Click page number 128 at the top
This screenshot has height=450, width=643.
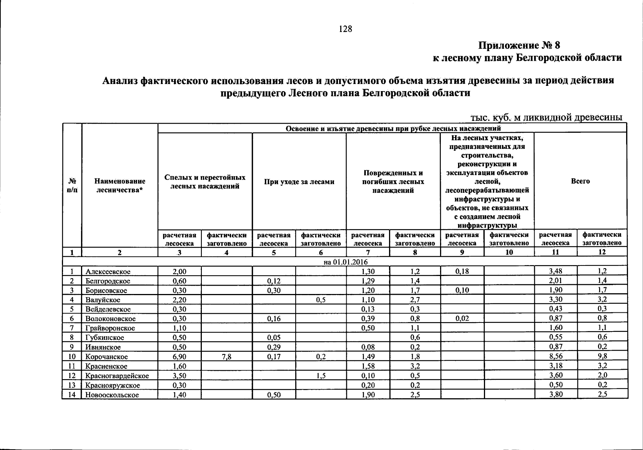point(345,29)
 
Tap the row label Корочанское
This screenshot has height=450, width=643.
point(107,357)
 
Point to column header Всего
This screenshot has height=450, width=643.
point(580,181)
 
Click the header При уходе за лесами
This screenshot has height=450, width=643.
point(299,182)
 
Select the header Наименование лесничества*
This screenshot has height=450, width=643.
point(120,185)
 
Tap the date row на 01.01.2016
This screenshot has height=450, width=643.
point(346,262)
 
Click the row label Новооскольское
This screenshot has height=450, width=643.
point(112,395)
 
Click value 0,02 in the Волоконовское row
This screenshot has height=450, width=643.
point(462,319)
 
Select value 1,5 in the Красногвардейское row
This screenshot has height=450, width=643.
point(320,376)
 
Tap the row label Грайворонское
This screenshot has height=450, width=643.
point(110,328)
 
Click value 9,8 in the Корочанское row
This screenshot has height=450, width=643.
point(602,357)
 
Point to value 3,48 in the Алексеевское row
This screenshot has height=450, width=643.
point(555,271)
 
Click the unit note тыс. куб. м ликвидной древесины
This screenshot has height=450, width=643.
point(546,117)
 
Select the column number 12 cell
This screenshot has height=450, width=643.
point(602,252)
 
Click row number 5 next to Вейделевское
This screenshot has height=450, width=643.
point(72,309)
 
